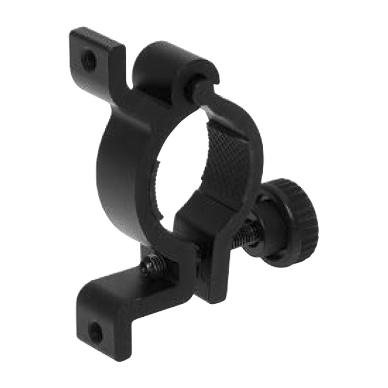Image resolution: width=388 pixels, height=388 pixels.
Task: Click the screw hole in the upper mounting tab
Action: click(89, 60)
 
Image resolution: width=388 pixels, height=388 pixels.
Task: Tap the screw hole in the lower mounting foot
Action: click(96, 332)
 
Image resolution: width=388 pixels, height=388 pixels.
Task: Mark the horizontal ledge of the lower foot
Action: click(131, 286)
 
